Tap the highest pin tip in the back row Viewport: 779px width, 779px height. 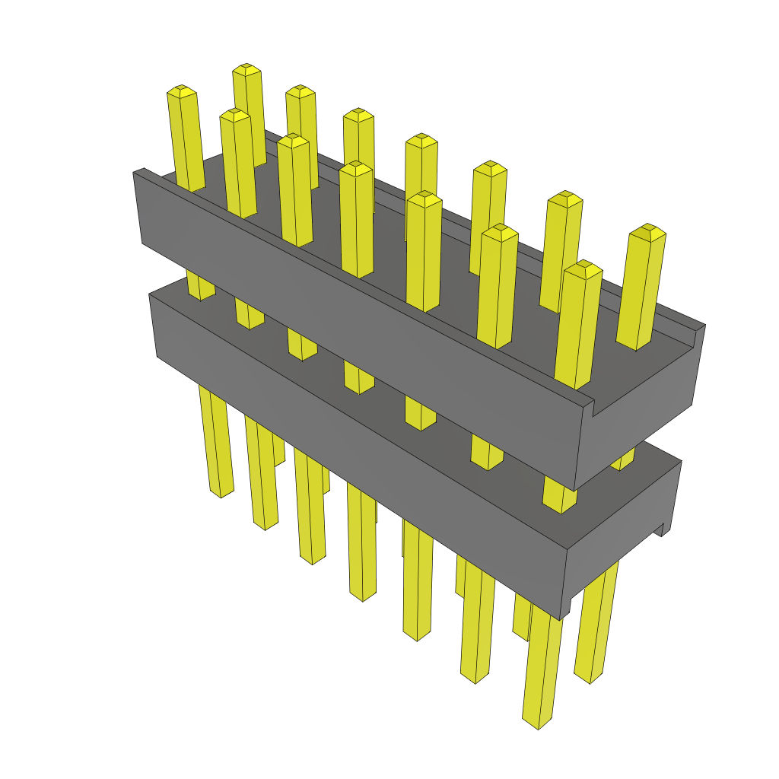[246, 71]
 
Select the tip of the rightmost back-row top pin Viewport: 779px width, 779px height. [648, 231]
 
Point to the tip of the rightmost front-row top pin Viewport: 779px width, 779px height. [583, 268]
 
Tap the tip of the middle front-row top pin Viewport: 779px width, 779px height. [356, 167]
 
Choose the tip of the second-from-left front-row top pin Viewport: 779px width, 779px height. [235, 115]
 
